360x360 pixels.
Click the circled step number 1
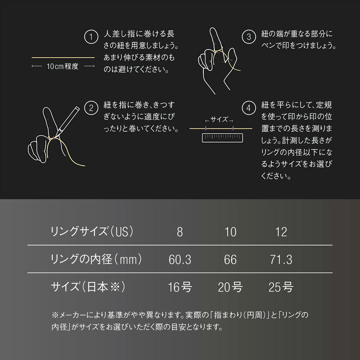91,37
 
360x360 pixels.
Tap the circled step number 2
91,108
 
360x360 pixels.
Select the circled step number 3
249,37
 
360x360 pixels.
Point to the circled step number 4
249,108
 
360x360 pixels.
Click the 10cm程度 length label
63,66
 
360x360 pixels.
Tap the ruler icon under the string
222,138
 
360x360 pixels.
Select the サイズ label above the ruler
219,120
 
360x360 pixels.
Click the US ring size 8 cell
180,232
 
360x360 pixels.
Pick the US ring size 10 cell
230,232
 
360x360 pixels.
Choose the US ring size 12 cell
281,232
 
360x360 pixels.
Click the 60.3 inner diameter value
180,259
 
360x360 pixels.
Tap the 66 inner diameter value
230,259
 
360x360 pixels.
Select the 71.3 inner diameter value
281,259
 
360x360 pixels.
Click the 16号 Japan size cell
180,287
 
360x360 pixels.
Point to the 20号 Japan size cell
230,287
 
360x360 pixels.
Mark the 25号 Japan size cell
281,287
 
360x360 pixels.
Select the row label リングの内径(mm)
96,259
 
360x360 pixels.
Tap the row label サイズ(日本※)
88,287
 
